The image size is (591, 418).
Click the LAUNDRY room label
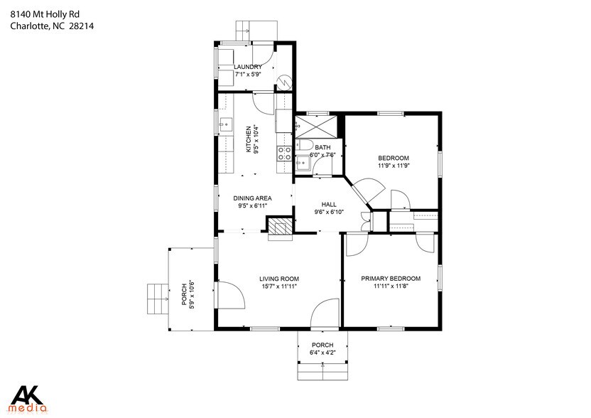click(x=248, y=67)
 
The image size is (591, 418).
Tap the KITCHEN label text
click(x=249, y=139)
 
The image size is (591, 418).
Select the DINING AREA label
click(x=252, y=198)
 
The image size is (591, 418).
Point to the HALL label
click(x=329, y=205)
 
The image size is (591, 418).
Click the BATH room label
click(x=322, y=147)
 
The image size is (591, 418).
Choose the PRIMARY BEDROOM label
click(x=391, y=279)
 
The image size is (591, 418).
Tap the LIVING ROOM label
click(x=279, y=279)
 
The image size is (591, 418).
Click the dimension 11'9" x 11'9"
click(x=394, y=166)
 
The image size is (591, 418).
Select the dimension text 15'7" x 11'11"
click(x=279, y=286)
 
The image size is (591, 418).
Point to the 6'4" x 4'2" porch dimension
click(x=322, y=353)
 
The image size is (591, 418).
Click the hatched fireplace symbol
click(x=280, y=226)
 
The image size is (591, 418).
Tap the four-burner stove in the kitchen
click(x=284, y=154)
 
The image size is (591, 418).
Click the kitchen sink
click(x=226, y=124)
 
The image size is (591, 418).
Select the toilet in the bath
click(x=304, y=145)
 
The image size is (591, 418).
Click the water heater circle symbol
click(x=285, y=82)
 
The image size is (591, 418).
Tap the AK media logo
click(x=28, y=399)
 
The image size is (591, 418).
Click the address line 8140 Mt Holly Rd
click(x=45, y=15)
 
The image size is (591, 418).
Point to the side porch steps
click(x=158, y=299)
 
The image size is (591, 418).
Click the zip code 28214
click(x=82, y=26)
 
